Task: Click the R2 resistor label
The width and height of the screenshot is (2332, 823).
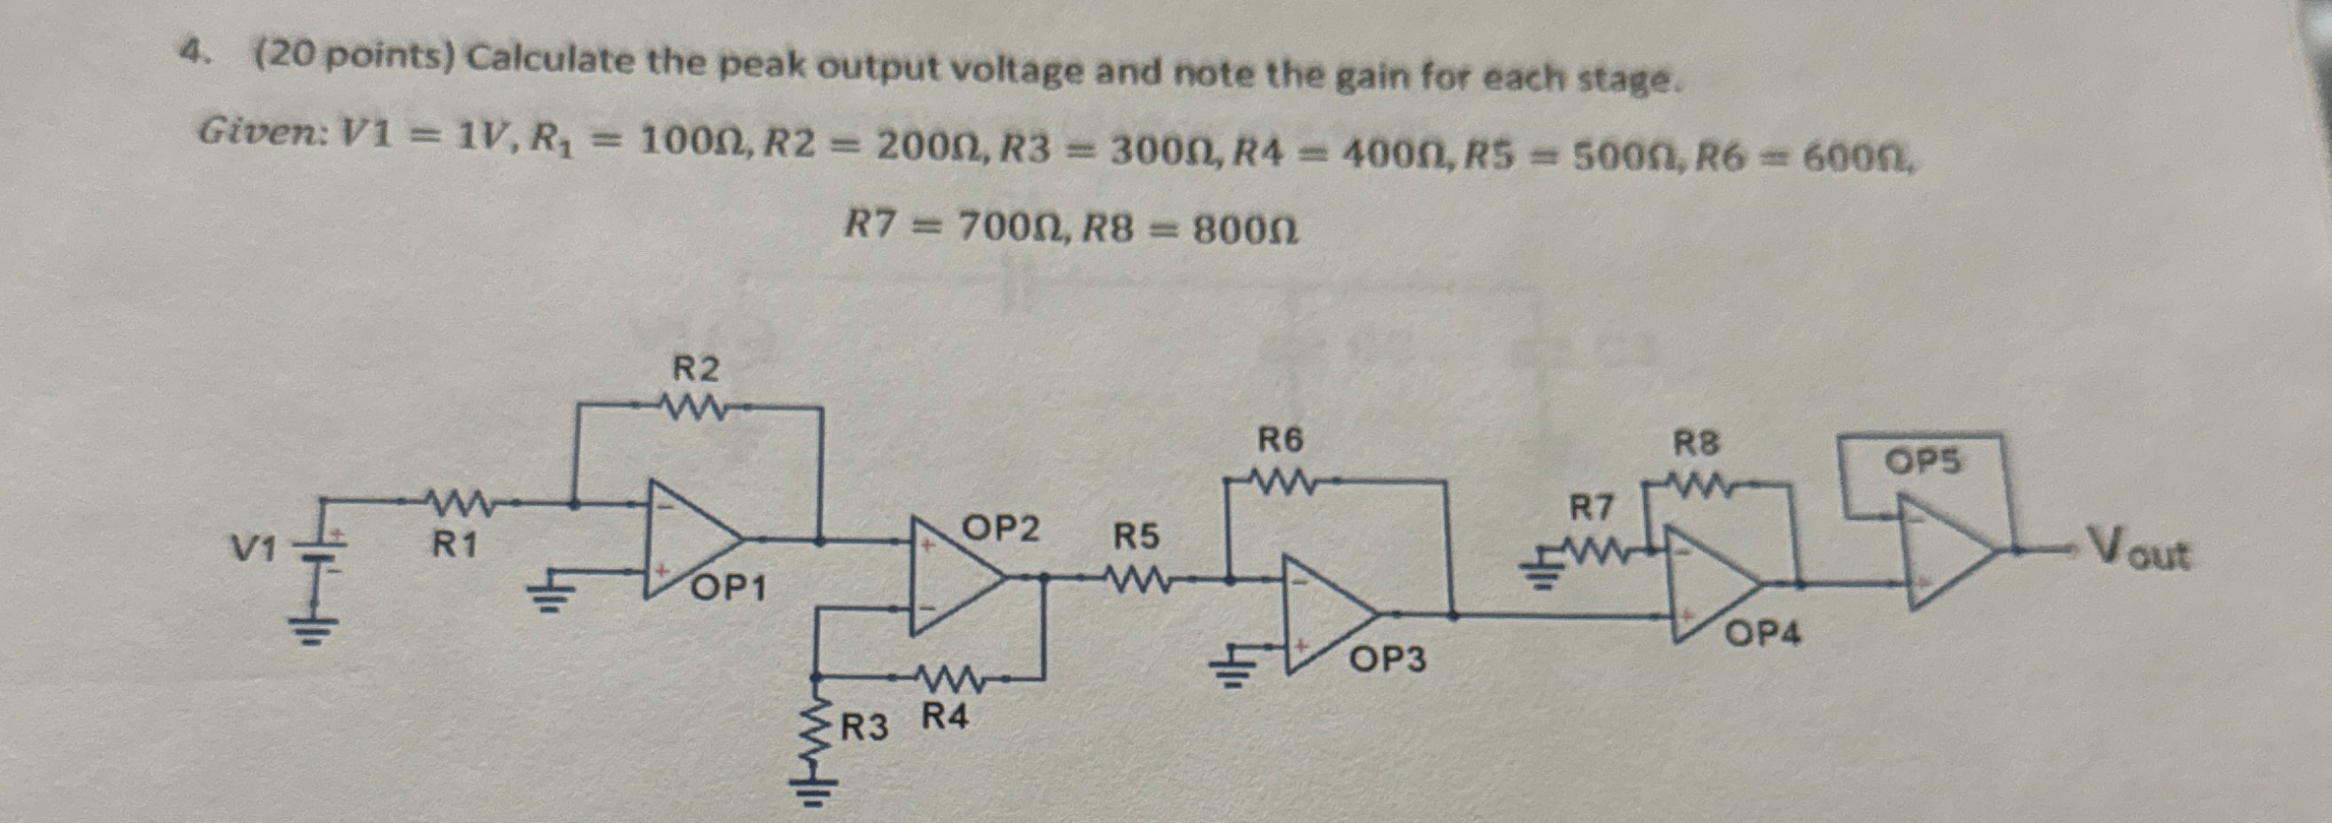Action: pos(695,369)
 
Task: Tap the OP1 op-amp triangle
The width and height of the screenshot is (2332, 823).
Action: pos(689,539)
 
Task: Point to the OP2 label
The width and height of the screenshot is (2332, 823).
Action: pos(1000,529)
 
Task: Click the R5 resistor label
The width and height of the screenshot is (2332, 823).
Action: pos(1136,537)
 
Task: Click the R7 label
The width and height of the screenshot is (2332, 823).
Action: pos(1591,508)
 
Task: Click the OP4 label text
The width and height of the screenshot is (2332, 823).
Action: pos(1763,634)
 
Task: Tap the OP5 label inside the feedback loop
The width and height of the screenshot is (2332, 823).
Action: pos(1922,461)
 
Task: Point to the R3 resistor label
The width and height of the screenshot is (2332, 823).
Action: pos(864,728)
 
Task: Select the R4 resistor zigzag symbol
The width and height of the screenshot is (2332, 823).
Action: pos(947,678)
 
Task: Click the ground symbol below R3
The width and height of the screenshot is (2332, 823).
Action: pos(812,789)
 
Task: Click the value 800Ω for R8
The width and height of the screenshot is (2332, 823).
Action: pos(1245,230)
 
